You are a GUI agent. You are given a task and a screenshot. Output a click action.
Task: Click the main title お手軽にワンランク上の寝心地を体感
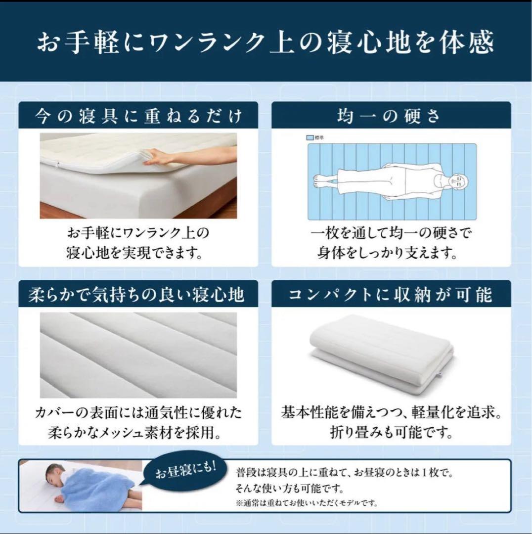tap(266, 42)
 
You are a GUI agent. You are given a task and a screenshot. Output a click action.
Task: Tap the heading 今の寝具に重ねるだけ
tap(138, 116)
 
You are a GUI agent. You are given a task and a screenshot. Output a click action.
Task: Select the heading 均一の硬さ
tap(389, 116)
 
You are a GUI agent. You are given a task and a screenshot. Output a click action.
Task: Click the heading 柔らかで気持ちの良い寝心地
tap(136, 295)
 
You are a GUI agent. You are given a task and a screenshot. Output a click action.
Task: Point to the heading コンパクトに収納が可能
tap(390, 295)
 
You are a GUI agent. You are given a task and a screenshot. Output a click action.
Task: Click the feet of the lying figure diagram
tap(321, 181)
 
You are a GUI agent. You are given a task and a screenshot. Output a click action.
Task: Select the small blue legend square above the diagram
tap(310, 137)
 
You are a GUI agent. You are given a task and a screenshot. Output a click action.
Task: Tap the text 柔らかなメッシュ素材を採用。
tap(135, 433)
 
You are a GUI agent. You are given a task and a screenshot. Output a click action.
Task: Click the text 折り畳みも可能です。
tap(392, 433)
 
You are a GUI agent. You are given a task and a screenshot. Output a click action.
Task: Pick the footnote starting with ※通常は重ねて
tap(307, 503)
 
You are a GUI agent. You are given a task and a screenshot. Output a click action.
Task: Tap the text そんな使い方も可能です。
tap(290, 489)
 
